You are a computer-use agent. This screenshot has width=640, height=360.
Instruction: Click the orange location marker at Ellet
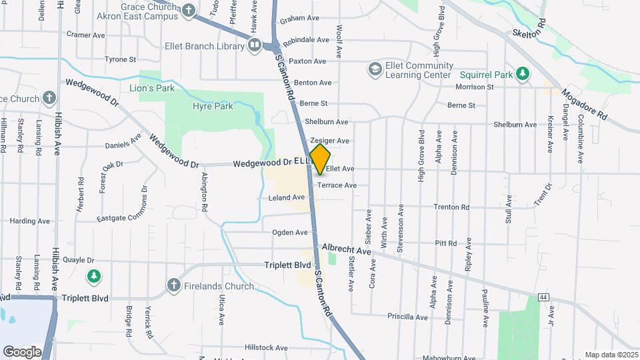coord(321,159)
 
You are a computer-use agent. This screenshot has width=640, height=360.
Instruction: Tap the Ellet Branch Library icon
coord(254,45)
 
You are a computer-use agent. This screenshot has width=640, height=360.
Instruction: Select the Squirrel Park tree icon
coord(523,73)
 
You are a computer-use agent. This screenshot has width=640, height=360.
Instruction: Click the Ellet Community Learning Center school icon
coord(375,69)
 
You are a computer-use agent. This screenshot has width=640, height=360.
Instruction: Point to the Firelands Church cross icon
coord(173,286)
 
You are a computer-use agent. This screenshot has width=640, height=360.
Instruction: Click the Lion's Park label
coord(151,87)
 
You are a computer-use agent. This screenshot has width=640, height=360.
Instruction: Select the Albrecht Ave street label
coord(346,250)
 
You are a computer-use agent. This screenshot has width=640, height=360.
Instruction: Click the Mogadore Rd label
coord(584,103)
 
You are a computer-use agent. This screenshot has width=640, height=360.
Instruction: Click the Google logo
coord(21,351)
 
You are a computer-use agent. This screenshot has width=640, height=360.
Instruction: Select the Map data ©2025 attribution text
coord(611,355)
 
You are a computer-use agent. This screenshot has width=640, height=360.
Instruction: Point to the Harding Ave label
coord(31,221)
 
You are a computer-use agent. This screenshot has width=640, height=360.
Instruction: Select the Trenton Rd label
coord(451,207)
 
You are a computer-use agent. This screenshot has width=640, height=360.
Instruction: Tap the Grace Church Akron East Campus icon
coord(189,10)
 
